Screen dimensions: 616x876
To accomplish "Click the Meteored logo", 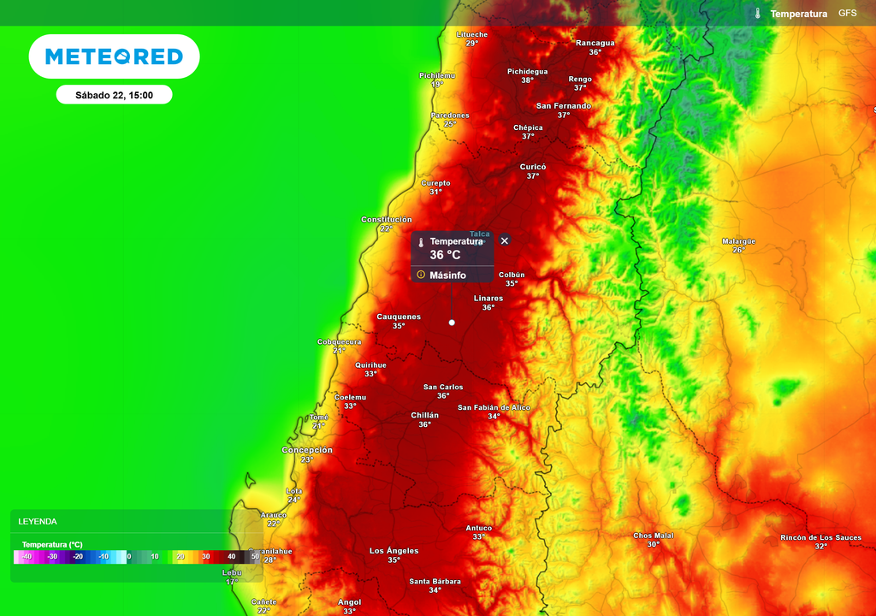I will coord(114,56).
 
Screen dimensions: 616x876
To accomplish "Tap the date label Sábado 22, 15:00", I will coord(114,95).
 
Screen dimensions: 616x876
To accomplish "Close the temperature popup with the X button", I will coord(505,240).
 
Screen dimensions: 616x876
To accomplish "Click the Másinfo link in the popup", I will coord(447,275).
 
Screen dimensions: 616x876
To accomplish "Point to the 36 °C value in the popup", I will coord(445,255).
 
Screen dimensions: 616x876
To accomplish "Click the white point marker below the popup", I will coord(452,323).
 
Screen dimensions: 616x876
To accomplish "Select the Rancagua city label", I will coord(595,43).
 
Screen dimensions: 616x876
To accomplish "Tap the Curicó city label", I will coord(533,167).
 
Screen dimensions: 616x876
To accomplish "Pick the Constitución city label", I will coord(387,220).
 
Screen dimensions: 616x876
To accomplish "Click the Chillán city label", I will coord(424,415).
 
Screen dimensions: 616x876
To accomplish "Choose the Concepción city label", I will coord(307,450).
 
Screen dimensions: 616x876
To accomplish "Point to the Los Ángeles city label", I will coord(394,550).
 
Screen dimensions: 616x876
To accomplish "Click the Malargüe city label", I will coord(738,241).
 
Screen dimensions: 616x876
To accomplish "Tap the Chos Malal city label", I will coord(654,536).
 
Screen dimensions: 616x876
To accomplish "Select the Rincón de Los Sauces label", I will coord(820,537).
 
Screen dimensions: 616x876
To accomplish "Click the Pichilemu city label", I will coord(437,75).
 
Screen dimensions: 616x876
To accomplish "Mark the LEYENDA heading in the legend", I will coord(38,521).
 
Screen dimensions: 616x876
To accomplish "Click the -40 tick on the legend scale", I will coord(27,557).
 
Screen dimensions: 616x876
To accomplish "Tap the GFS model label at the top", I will coord(847,14).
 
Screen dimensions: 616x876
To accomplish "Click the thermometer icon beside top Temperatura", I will coord(758,14).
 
